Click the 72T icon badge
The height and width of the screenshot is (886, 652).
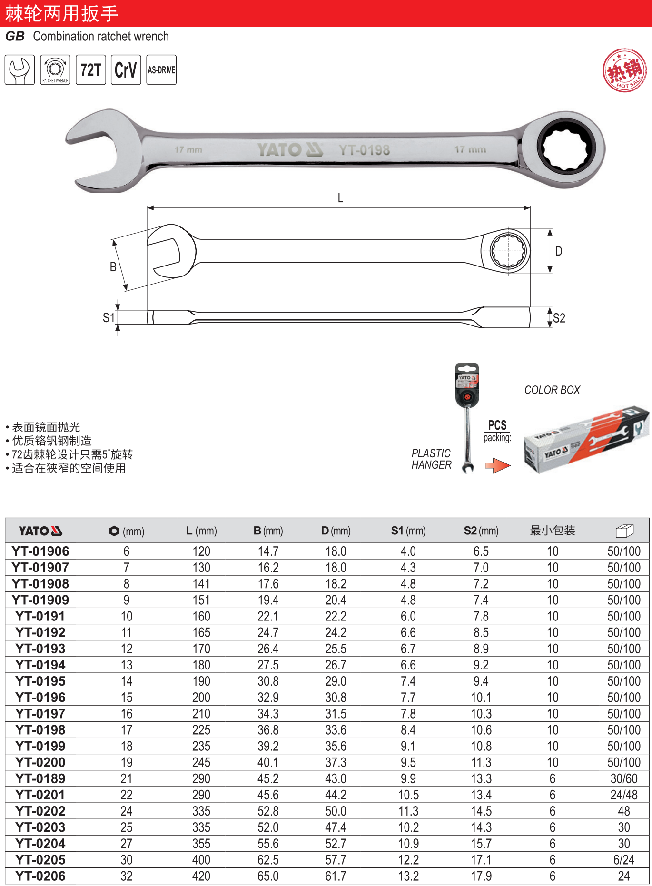coord(90,70)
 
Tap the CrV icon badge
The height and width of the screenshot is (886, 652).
coord(126,70)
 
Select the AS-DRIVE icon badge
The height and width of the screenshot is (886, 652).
coord(161,70)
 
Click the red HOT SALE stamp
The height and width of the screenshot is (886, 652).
coord(625,70)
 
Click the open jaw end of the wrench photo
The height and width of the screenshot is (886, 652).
coord(102,150)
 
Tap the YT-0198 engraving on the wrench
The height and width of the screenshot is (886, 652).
coord(364,150)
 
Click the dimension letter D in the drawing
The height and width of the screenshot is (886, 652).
coord(559,251)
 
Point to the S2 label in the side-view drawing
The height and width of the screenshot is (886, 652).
coord(559,318)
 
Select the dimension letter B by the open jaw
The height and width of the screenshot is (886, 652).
coord(113,267)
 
